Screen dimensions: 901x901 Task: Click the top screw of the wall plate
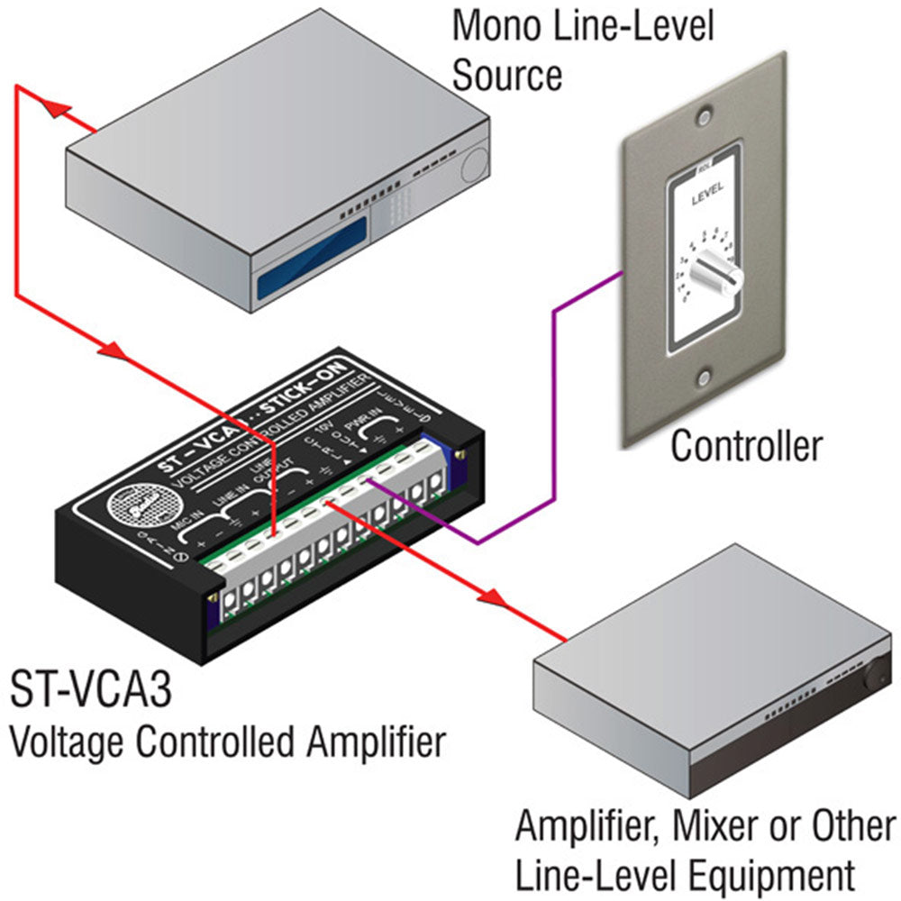[703, 116]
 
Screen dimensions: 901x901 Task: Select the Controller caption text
[747, 445]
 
